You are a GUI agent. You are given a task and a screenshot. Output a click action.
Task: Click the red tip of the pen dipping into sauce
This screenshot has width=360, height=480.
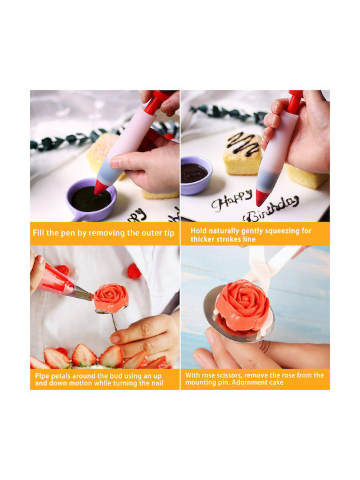tap(100, 187)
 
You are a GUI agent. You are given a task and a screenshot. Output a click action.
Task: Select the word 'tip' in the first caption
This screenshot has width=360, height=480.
tap(169, 233)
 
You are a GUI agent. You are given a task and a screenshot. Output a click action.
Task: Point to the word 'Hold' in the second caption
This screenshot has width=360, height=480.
tap(198, 231)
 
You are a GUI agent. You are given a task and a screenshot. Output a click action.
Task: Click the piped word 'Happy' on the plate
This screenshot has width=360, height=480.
tap(232, 200)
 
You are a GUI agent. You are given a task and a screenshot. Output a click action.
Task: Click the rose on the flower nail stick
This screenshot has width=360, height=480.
tap(111, 297)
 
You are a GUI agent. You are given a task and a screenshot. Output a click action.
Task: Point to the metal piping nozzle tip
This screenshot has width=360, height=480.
tap(83, 293)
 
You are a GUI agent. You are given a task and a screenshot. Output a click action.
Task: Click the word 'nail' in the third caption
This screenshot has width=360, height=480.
tap(157, 383)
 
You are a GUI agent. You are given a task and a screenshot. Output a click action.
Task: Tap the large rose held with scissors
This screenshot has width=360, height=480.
tap(243, 305)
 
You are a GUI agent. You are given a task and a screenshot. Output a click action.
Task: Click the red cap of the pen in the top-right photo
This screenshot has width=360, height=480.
tap(295, 101)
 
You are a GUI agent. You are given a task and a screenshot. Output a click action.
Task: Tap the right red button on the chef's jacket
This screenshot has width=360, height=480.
tap(134, 271)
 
